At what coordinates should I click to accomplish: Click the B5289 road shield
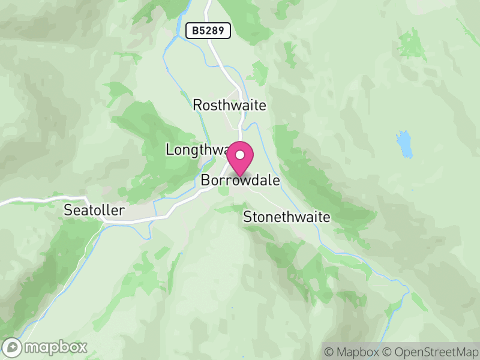point(208,31)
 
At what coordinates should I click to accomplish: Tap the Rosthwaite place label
point(229,105)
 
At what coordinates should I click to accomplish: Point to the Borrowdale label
point(241,180)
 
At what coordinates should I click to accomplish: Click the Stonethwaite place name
point(286,217)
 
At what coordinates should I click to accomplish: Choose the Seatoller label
point(94,210)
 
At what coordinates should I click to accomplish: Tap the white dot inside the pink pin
point(240,155)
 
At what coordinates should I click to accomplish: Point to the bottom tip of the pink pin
point(240,176)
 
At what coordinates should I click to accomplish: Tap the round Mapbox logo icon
point(13,347)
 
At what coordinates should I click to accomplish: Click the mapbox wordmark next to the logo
point(54,347)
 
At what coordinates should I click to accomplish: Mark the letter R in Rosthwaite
point(197,105)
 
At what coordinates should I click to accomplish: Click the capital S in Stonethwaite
point(247,217)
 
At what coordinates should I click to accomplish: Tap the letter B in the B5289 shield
point(193,31)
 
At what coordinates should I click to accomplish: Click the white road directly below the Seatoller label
point(120,221)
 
